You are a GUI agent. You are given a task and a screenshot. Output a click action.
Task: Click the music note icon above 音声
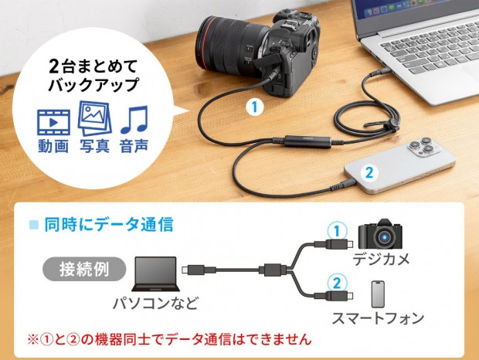coord(133,119)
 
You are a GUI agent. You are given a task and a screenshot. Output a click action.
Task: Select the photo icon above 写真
coord(94,118)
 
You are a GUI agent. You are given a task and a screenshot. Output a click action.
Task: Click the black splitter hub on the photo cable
coord(306,141)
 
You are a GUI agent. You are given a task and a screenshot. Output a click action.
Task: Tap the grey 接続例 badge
coord(83,270)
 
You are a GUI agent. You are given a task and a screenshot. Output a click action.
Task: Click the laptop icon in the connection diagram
coord(157,271)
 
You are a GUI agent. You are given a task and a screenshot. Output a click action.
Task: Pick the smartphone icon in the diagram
coord(377,294)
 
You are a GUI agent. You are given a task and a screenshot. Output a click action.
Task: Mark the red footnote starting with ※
coord(169,338)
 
